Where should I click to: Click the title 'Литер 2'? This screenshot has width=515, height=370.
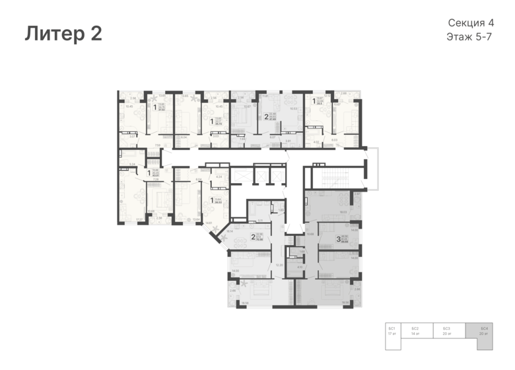(63, 34)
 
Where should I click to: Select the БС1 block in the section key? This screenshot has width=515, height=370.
(392, 330)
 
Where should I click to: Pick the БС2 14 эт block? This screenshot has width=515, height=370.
(415, 330)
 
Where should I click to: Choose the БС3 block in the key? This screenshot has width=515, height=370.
(446, 330)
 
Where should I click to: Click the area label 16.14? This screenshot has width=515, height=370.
(230, 231)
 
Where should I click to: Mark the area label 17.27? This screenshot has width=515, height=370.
(139, 219)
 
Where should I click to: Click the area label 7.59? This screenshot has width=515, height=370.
(157, 145)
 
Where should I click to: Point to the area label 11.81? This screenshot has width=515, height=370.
(265, 96)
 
